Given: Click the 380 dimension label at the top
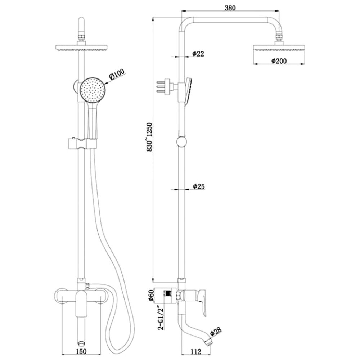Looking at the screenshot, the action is pos(230,8).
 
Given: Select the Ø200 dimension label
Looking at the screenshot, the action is pos(279,61).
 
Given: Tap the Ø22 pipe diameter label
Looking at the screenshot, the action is pos(198,54).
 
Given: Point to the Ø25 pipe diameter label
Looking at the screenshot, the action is pos(198,186).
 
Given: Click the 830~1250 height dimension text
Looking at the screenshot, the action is pos(149,137).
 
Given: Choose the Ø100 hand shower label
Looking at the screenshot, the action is pos(117,74).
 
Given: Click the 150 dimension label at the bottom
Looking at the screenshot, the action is pos(81,351).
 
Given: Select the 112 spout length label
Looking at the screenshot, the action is pos(196,351).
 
